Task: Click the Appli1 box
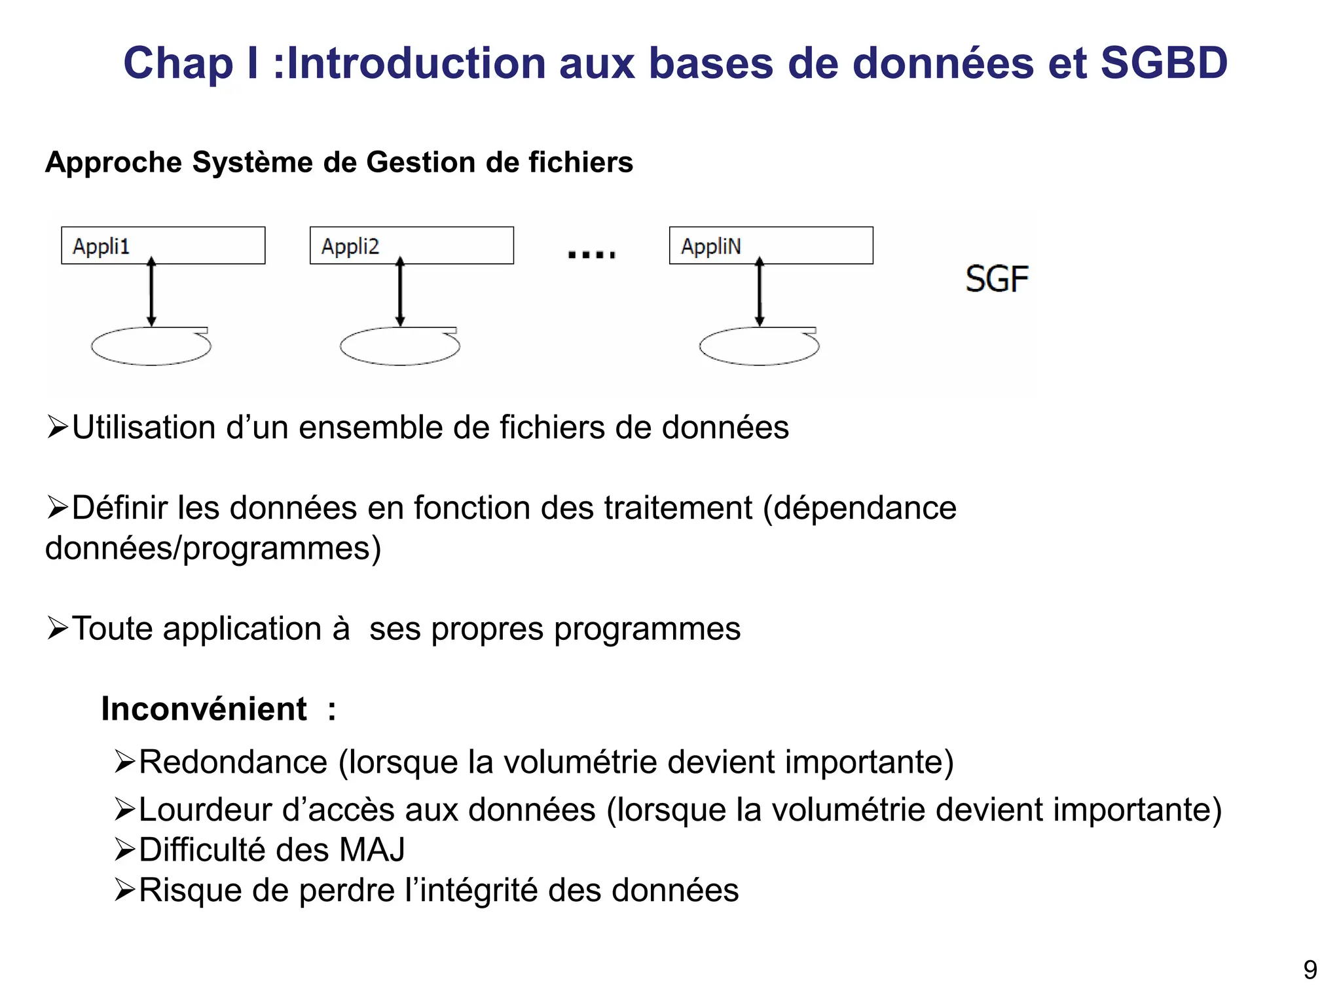click(163, 246)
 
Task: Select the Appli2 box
click(411, 246)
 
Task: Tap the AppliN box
click(771, 246)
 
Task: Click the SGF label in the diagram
click(997, 279)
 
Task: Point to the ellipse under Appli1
click(151, 346)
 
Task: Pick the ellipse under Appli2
click(399, 346)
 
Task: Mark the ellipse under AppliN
click(759, 346)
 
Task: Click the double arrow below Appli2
click(400, 292)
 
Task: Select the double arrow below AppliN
click(760, 292)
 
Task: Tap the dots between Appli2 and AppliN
click(591, 254)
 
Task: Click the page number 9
click(1310, 970)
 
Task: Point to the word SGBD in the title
click(1164, 64)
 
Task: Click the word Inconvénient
click(204, 709)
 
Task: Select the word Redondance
click(233, 762)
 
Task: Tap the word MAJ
click(372, 850)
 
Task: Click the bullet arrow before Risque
click(124, 890)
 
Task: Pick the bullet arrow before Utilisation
click(58, 428)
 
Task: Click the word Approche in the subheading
click(112, 162)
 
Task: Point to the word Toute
click(112, 629)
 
